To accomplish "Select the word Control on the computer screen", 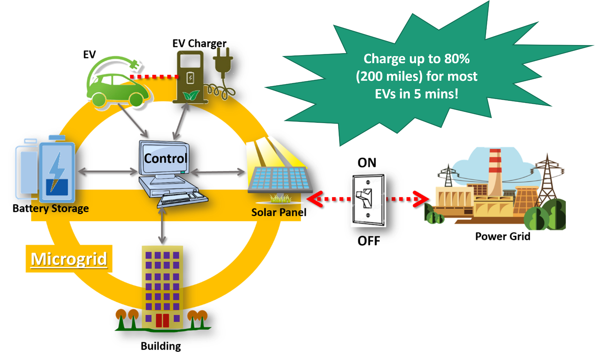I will coord(165,159).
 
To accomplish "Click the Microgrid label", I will coord(69,259).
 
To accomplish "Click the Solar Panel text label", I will coord(278,213).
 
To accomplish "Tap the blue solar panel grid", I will coord(279,178).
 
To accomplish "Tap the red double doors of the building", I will coord(162,320).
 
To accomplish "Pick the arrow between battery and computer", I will coord(107,172).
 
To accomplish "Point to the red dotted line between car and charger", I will coord(154,77).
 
